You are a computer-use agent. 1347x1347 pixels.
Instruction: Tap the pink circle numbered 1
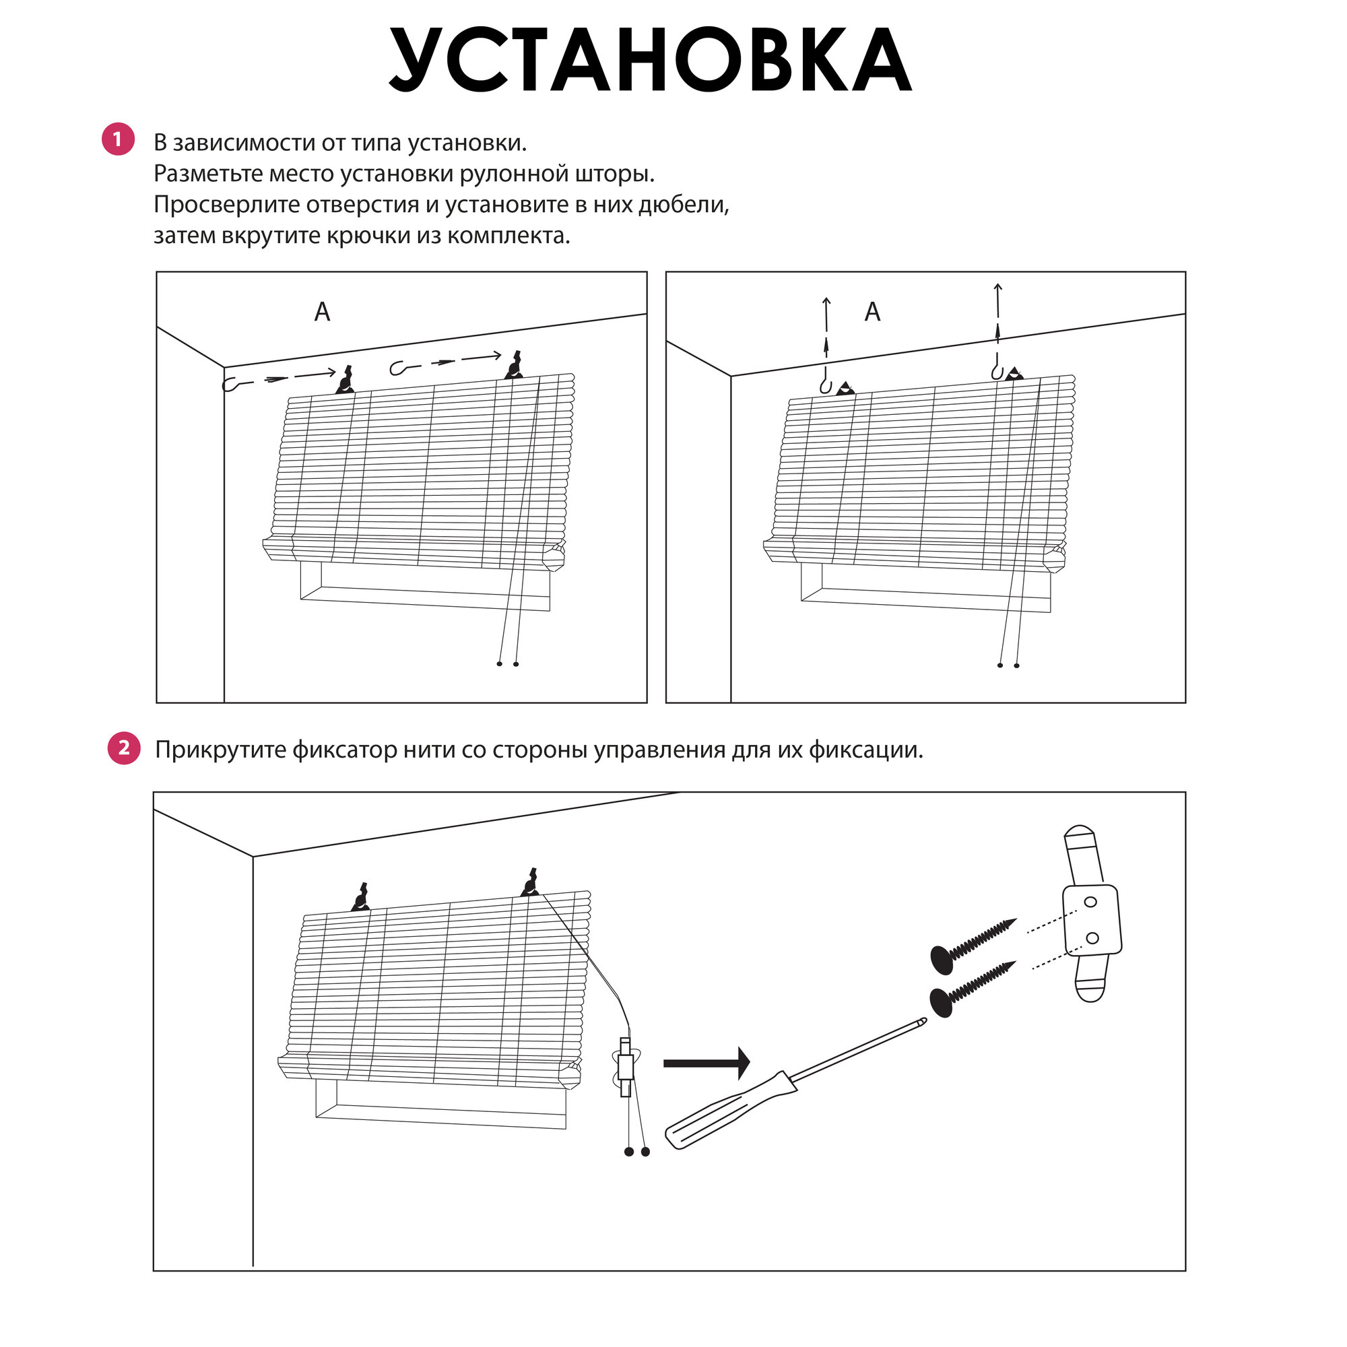[118, 139]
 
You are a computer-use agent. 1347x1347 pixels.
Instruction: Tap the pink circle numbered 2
[123, 748]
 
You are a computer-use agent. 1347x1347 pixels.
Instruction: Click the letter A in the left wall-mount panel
[322, 312]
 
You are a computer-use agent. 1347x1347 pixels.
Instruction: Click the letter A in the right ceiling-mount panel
[872, 312]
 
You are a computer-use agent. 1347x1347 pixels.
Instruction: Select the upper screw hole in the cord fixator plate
[1091, 902]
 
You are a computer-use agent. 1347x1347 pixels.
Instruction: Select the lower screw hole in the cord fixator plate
[1093, 938]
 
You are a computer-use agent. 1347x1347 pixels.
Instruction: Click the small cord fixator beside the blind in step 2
[626, 1066]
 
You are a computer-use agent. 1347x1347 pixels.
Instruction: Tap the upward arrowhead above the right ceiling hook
[997, 286]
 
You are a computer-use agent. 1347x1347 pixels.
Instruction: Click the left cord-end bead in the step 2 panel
[629, 1152]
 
